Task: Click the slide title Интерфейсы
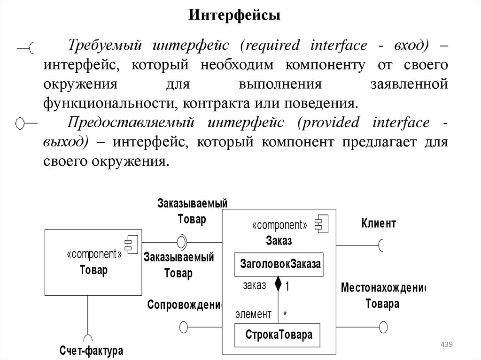235,16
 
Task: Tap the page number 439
446,345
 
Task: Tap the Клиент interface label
379,223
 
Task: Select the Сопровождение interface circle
184,326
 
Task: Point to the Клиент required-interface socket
382,245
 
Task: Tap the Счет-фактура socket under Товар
88,338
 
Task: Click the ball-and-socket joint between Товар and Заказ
181,242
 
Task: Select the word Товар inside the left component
93,270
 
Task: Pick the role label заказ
255,285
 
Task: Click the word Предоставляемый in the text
131,123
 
